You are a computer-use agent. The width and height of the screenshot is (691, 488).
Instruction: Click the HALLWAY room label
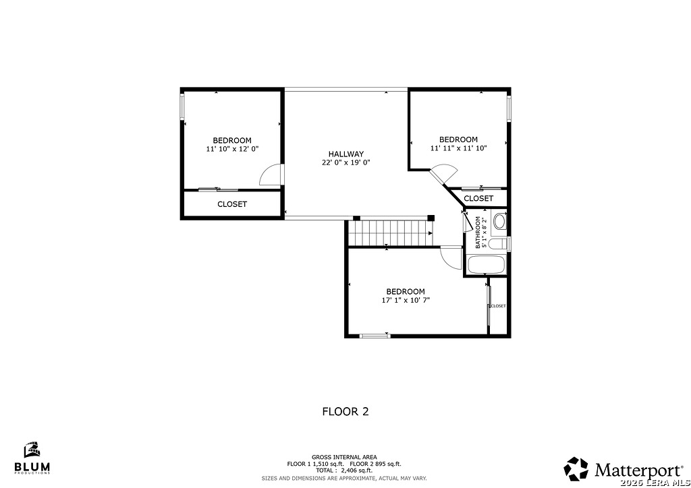tap(346, 154)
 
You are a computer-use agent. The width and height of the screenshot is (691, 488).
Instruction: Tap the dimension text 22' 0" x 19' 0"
tap(346, 162)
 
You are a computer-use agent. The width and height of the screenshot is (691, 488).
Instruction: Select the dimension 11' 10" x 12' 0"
tap(232, 149)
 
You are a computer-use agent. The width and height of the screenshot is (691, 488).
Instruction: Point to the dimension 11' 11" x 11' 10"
tap(458, 148)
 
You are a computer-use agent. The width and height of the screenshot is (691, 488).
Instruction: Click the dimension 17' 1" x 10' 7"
tap(406, 300)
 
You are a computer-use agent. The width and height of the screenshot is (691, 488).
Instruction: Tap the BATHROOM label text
tap(478, 233)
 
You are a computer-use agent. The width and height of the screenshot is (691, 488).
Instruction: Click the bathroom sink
tap(499, 221)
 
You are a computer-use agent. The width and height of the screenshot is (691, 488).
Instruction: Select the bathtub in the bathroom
tap(487, 265)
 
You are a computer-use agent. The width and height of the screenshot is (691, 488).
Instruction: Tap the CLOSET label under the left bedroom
tap(232, 204)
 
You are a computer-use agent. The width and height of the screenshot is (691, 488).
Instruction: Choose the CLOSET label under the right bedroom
tap(478, 198)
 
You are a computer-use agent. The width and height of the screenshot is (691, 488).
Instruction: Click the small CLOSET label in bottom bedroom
tap(498, 306)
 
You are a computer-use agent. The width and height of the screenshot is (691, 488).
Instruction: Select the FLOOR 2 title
tap(345, 411)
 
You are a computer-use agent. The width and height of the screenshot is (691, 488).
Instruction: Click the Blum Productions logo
tap(32, 458)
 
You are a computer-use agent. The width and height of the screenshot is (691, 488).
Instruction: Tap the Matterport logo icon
tap(576, 468)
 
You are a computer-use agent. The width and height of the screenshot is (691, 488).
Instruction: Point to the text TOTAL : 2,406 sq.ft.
tap(344, 470)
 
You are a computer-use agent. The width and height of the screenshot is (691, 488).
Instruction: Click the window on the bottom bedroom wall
tap(375, 336)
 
